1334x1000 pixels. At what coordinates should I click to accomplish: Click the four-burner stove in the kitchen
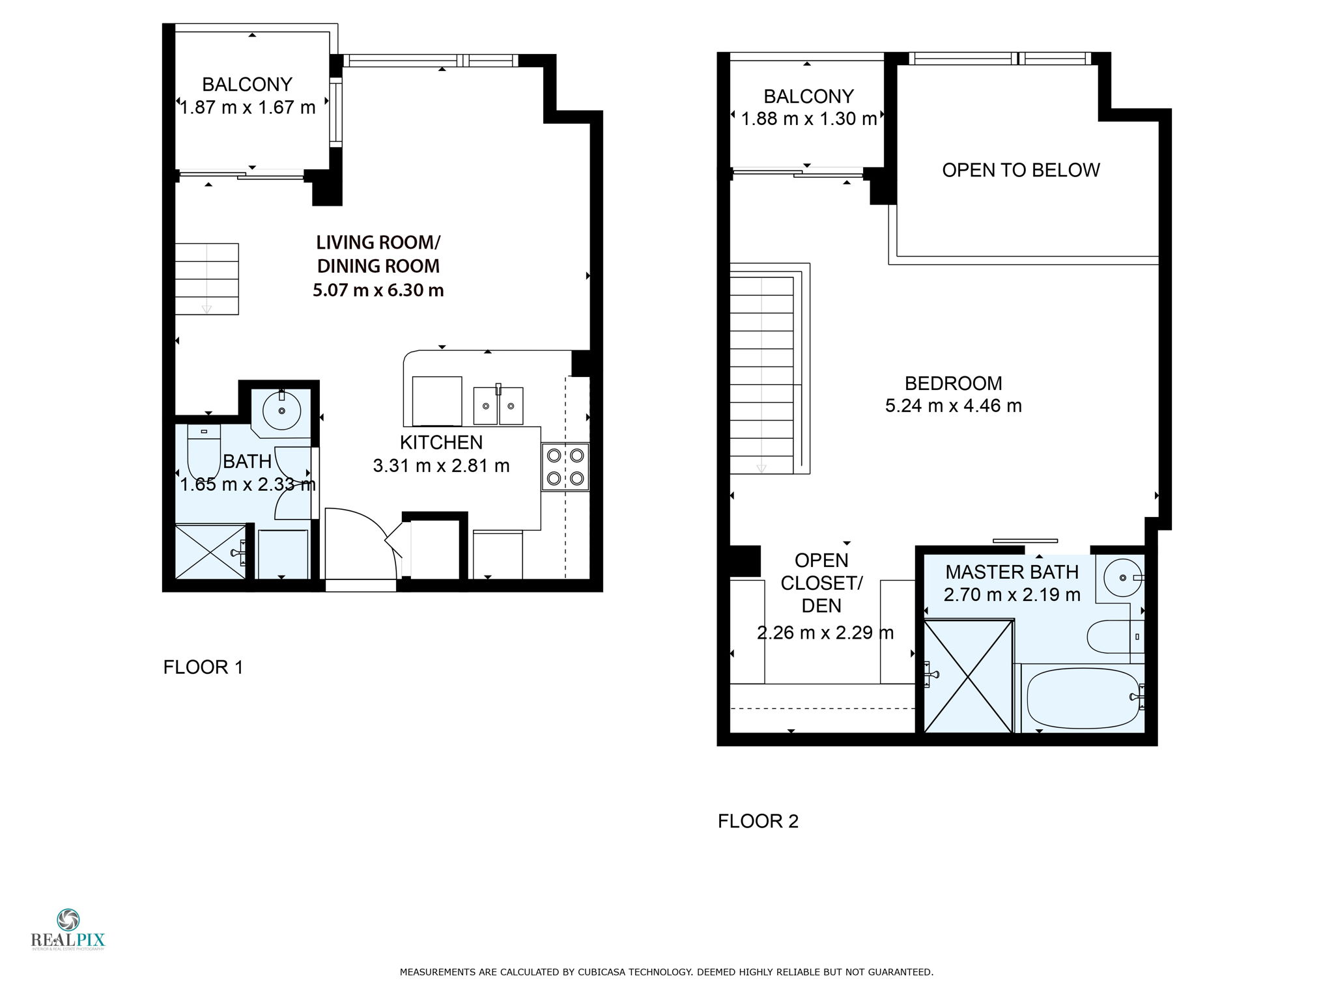tap(565, 467)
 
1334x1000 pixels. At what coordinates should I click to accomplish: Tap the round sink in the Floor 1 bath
tap(282, 410)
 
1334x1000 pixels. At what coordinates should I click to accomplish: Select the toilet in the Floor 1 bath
tap(204, 451)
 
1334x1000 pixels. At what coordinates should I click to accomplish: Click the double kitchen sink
tap(498, 406)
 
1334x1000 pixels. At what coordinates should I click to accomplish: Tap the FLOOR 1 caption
tap(203, 667)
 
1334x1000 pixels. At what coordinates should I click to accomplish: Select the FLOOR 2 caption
tap(758, 821)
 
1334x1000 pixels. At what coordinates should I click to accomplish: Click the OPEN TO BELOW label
tap(1021, 170)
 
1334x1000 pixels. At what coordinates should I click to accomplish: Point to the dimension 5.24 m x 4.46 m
tap(953, 406)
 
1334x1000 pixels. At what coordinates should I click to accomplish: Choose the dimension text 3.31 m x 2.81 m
tap(441, 465)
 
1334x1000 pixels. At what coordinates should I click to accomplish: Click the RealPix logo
tap(68, 930)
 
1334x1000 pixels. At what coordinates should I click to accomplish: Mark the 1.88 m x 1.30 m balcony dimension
tap(809, 118)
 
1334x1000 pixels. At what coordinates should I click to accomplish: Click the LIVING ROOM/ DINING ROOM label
tap(378, 254)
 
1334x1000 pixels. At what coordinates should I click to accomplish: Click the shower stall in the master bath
tap(969, 676)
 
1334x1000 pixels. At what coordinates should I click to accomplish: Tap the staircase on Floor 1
tap(207, 279)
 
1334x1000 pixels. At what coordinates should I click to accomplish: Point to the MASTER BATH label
tap(1012, 572)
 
